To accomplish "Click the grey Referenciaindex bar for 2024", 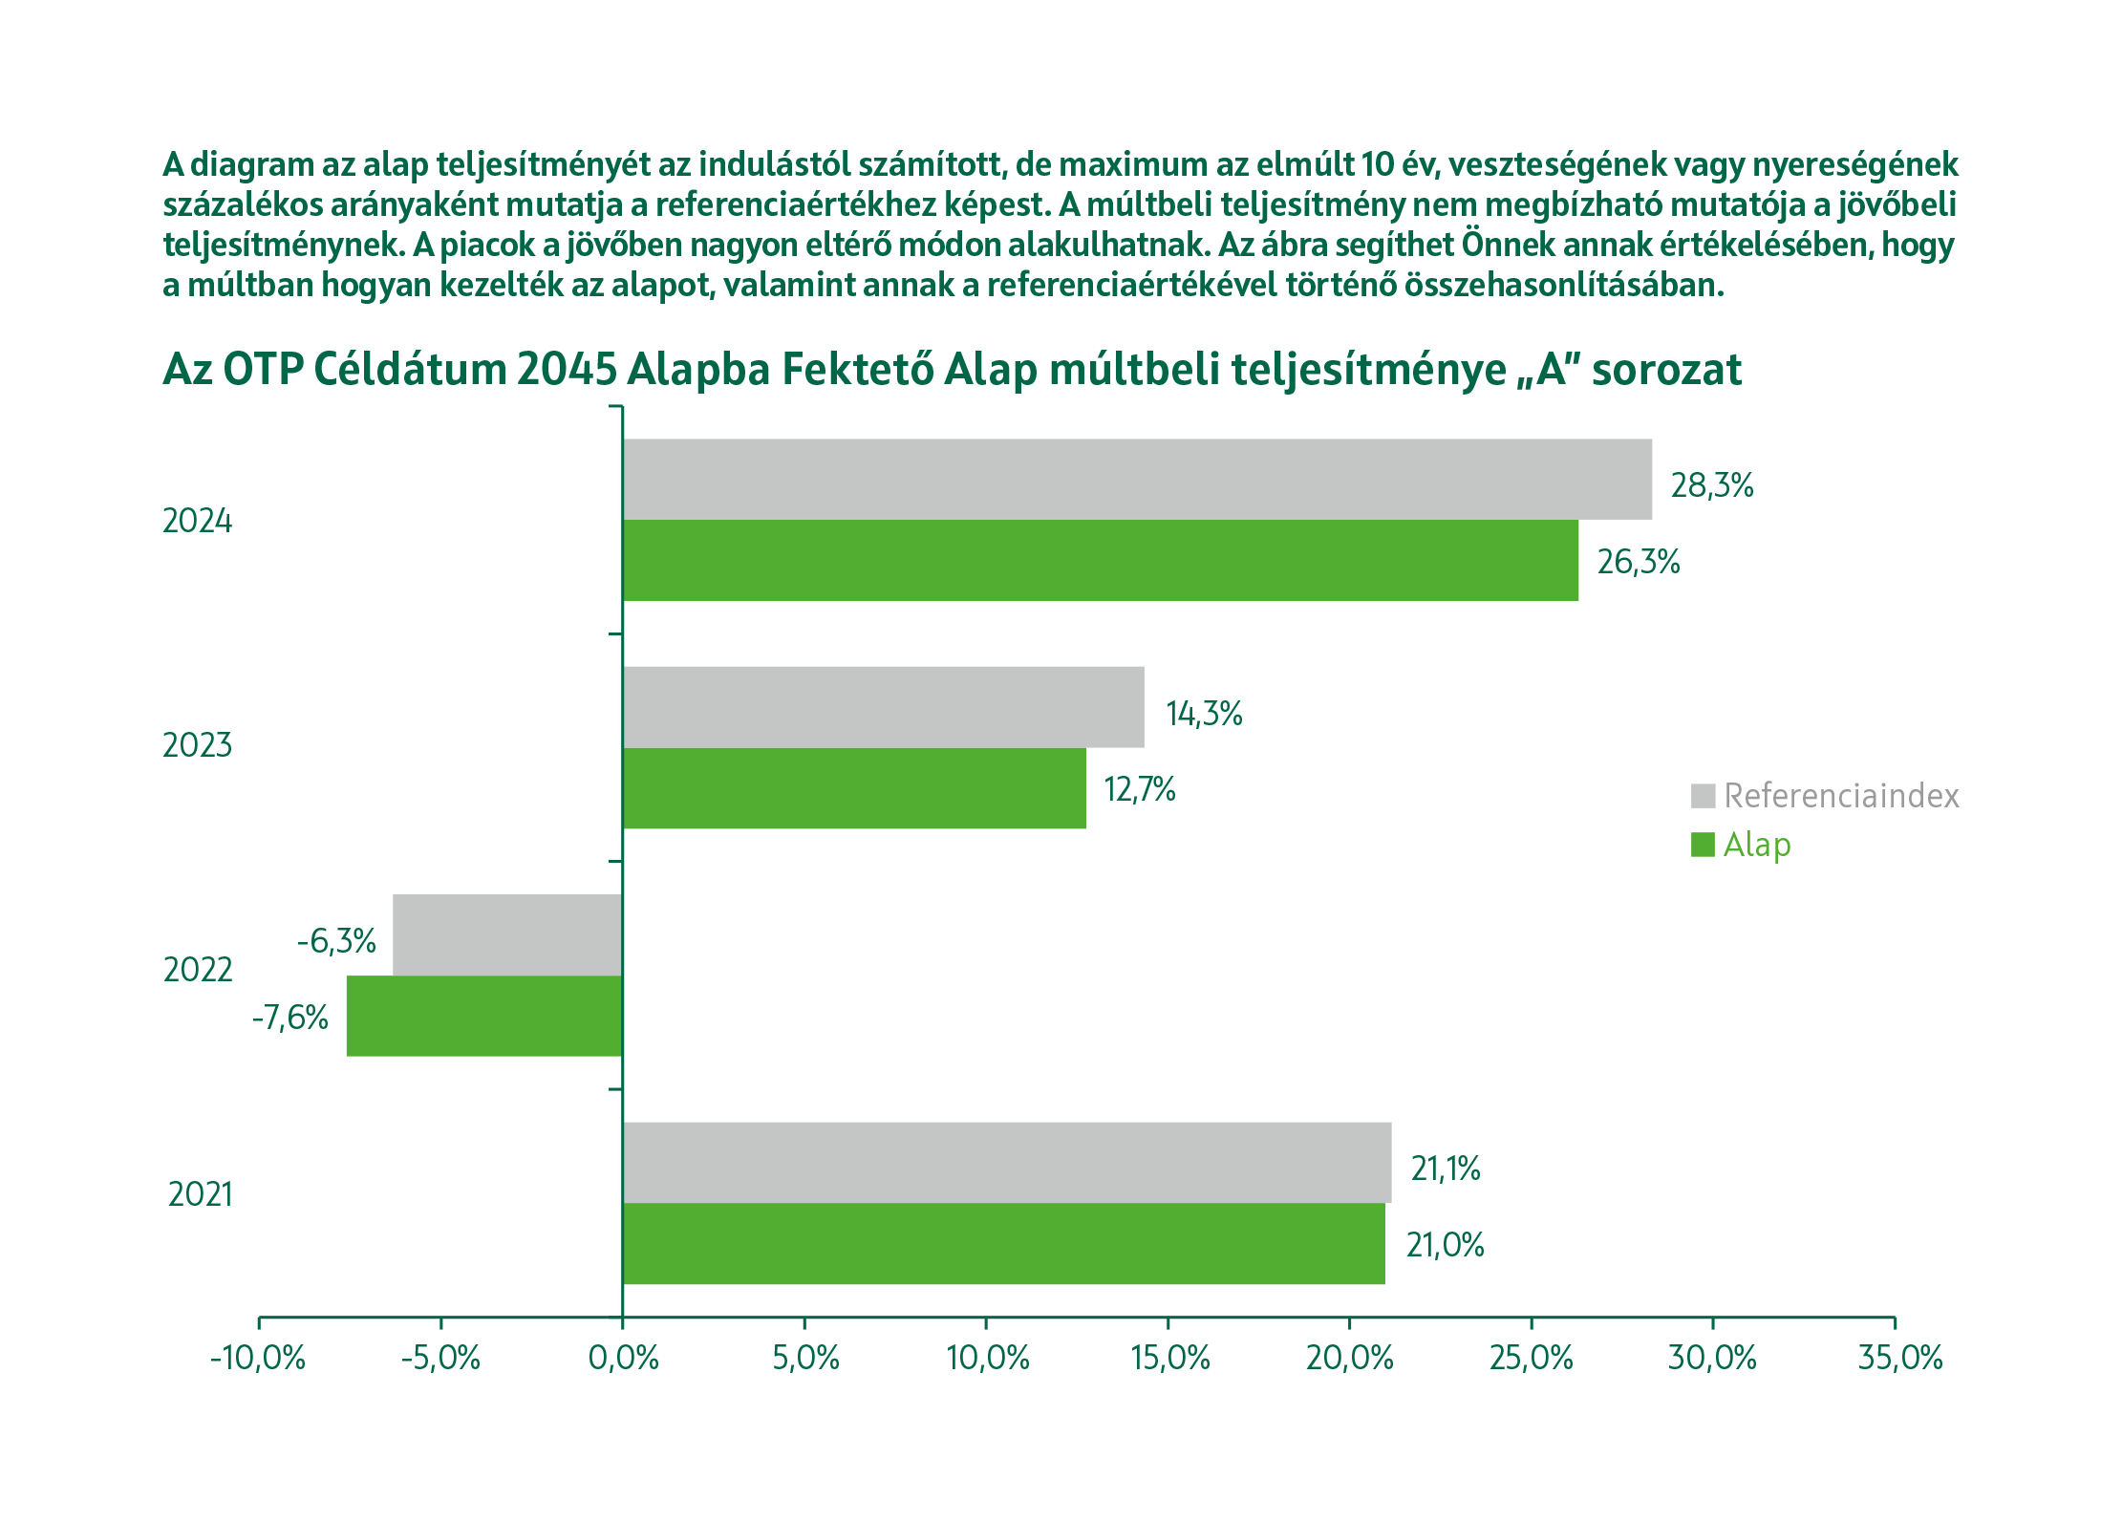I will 1137,479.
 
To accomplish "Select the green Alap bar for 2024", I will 1100,560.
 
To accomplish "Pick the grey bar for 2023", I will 883,707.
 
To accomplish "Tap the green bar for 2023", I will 854,788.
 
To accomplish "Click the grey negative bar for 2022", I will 507,934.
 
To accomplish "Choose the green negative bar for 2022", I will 484,1016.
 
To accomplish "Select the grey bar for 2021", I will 1007,1162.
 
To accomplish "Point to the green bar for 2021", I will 1003,1243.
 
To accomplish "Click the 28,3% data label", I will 1711,485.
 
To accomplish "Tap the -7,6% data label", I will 289,1018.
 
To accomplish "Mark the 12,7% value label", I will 1139,789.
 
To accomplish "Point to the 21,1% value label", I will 1445,1169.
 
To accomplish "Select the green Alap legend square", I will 1703,845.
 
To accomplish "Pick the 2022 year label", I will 198,970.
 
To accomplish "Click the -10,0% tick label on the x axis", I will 258,1358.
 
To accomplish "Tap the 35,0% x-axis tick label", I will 1899,1358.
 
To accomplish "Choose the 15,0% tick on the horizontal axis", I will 1169,1358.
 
